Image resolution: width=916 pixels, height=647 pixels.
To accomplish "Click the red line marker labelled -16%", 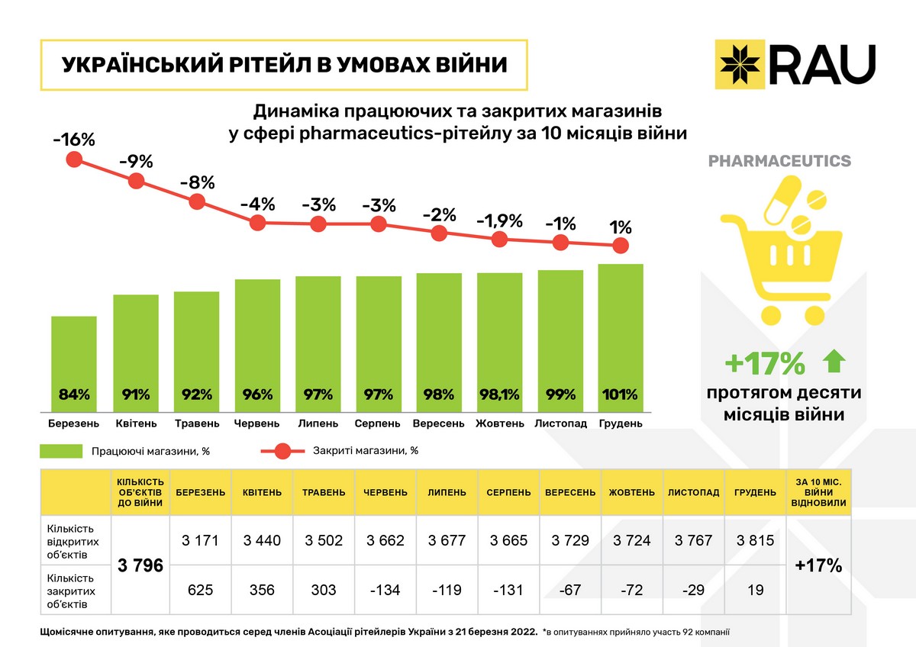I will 74,159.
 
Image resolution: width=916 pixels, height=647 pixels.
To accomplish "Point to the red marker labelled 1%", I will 621,245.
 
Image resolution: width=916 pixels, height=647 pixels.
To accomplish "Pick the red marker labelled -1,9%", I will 499,239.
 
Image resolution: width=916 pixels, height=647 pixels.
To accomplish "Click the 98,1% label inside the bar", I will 499,395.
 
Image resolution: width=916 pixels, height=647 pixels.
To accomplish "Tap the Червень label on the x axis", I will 257,423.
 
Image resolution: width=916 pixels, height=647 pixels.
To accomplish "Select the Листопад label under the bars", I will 560,423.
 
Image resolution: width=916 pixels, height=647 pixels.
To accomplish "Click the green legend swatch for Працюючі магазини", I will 60,451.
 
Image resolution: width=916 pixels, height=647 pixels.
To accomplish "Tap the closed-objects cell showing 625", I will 201,590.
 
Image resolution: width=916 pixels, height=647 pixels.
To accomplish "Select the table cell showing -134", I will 385,590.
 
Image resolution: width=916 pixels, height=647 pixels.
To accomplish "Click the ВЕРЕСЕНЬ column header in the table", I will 570,492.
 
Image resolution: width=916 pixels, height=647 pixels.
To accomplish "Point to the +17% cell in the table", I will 818,565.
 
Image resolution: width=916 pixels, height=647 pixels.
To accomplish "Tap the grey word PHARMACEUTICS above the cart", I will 779,161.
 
